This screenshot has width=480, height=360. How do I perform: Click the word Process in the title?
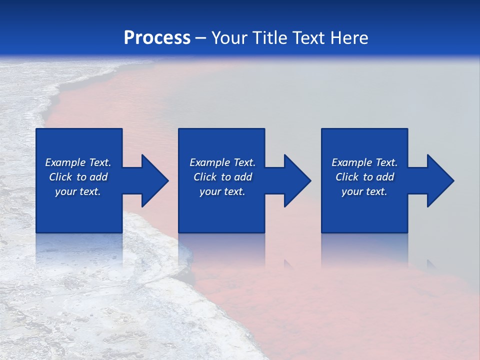[x=157, y=38]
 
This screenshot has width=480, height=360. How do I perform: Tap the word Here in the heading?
[x=348, y=38]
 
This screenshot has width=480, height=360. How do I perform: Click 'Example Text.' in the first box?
[x=78, y=162]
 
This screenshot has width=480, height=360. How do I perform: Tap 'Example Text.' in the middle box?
[x=222, y=162]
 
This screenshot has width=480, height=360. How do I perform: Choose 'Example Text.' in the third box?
[x=364, y=162]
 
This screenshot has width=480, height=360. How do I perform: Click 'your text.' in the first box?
[x=78, y=191]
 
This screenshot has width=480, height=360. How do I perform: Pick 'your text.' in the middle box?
[x=222, y=191]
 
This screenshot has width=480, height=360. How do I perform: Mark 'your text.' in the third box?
[x=364, y=191]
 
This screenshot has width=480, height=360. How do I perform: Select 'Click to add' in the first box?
[x=78, y=177]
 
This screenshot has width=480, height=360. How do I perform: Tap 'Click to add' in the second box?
[x=222, y=177]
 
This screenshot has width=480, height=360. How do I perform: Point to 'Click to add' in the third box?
[x=364, y=177]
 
